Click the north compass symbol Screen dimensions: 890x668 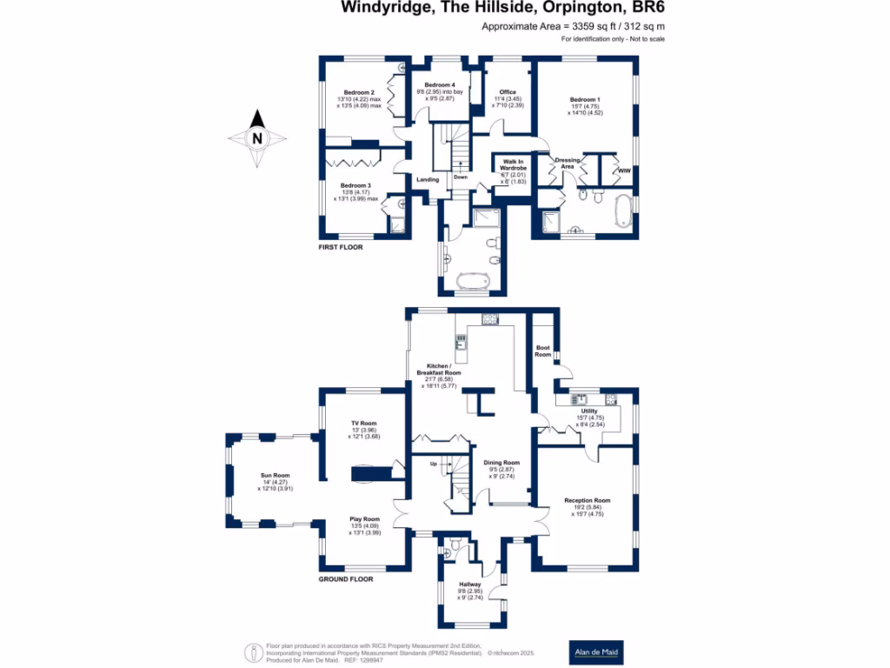coord(256,138)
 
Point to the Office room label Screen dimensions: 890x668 coord(508,92)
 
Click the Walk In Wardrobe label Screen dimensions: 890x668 coord(514,164)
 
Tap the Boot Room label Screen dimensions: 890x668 coord(543,351)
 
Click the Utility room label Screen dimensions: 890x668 coord(589,411)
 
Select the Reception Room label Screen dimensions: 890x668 coord(587,500)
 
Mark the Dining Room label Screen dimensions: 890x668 coord(501,463)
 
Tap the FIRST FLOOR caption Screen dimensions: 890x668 coord(340,248)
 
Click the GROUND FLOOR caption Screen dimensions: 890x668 coord(347,578)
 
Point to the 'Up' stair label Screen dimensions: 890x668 coord(434,464)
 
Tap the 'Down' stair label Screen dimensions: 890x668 coord(461,177)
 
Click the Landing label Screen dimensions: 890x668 coord(428,180)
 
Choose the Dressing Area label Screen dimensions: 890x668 coord(568,164)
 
